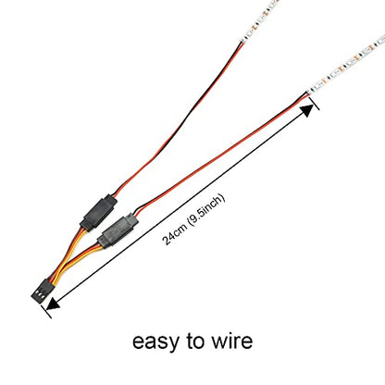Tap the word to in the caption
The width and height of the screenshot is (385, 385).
195,341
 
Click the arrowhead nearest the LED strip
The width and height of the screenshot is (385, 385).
307,110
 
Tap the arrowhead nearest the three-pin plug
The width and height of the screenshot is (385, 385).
53,304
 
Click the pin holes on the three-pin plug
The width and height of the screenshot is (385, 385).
40,294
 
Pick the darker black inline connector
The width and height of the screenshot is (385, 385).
99,213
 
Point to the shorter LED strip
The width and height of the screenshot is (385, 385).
261,19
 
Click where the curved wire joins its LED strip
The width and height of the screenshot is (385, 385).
242,42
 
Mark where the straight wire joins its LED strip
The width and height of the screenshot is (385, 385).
308,93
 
